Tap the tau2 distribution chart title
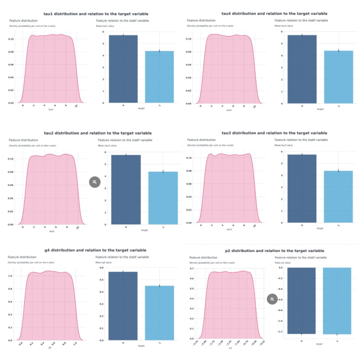pyautogui.click(x=97, y=133)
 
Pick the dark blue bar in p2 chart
pyautogui.click(x=302, y=301)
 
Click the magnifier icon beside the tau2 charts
pyautogui.click(x=94, y=182)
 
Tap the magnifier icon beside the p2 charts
pyautogui.click(x=272, y=299)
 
